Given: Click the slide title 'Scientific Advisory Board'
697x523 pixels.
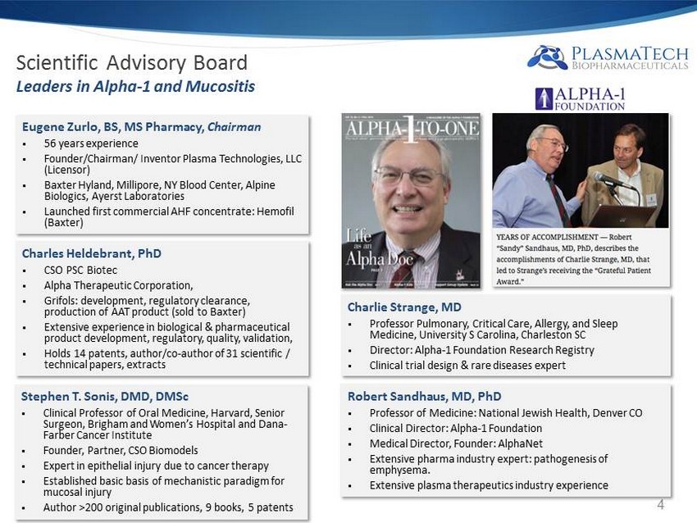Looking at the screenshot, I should pos(132,63).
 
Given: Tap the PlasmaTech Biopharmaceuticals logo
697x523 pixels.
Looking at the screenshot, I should pos(608,57).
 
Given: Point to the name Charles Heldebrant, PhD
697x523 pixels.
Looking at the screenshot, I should pos(91,253).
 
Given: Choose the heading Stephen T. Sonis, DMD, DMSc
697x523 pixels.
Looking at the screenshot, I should pos(105,396).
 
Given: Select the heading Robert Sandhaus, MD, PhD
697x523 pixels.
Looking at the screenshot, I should pos(424,396).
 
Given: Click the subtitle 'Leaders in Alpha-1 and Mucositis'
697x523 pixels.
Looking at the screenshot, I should pos(135,86).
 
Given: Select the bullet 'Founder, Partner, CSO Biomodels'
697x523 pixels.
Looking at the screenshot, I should pos(121,450).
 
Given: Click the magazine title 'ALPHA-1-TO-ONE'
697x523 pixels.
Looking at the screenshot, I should pos(411,131).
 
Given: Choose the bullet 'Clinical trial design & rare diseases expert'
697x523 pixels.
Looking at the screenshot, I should pos(467,365).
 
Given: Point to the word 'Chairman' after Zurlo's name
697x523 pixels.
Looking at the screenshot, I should pos(234,127).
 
